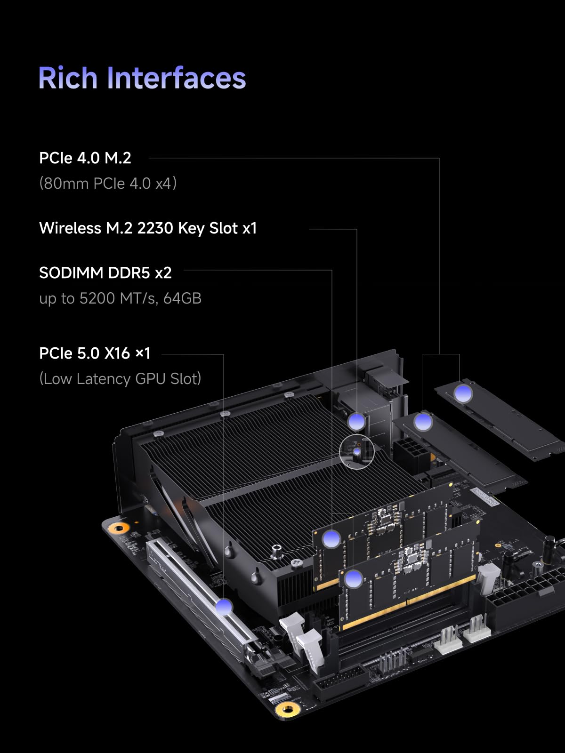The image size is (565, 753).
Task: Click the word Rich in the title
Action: [x=69, y=78]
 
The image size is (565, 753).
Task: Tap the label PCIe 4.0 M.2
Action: [x=85, y=158]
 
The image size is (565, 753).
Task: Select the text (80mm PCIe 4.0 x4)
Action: [x=108, y=183]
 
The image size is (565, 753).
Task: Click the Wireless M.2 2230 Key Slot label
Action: [x=148, y=228]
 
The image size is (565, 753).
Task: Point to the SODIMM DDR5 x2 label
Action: [x=105, y=273]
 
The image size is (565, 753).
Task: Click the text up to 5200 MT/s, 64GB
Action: [x=120, y=298]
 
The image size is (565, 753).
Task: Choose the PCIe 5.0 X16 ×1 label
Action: [x=95, y=353]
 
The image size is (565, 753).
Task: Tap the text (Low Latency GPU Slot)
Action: [x=120, y=379]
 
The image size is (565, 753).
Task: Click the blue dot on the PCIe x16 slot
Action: [x=224, y=607]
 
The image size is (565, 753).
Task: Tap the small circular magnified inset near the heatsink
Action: [x=356, y=452]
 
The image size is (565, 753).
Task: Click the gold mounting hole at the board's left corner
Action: [x=119, y=529]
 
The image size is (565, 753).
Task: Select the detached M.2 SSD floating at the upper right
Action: [x=499, y=419]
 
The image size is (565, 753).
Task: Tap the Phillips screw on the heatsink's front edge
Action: [x=296, y=562]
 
